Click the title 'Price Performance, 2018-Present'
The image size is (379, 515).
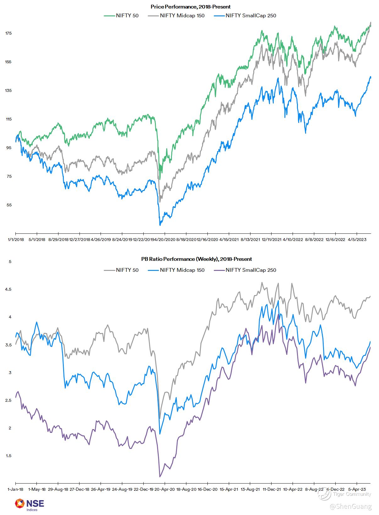tap(190, 7)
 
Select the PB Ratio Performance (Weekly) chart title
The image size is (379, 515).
tap(196, 259)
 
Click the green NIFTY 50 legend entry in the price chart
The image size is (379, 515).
tap(121, 15)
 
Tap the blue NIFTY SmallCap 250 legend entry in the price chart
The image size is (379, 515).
tap(245, 15)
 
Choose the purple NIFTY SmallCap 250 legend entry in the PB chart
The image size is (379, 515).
tap(245, 270)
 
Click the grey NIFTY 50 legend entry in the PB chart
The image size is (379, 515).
tap(121, 270)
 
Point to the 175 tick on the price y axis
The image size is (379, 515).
tap(8, 33)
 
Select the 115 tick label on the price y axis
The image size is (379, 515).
tap(8, 119)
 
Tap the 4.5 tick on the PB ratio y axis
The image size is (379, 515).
tap(8, 289)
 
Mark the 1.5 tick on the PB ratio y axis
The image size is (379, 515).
tap(8, 456)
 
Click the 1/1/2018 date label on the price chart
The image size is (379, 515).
tap(15, 240)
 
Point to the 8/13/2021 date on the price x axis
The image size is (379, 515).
tap(250, 240)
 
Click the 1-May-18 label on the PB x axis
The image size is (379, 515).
tap(37, 490)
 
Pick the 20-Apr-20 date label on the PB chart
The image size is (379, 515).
tap(165, 490)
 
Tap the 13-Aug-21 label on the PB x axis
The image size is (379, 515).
tap(250, 490)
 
